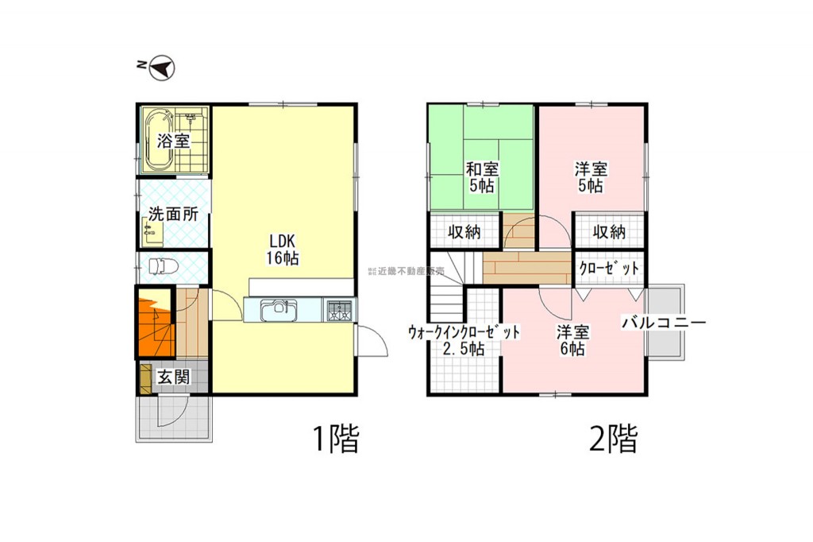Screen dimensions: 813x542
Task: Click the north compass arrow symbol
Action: [162, 68]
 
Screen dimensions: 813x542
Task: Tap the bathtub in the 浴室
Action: [158, 140]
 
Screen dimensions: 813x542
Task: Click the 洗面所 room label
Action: [173, 214]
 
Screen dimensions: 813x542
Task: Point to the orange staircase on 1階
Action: [155, 322]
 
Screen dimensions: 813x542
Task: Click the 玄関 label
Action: [174, 377]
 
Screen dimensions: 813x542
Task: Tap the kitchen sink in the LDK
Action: [279, 310]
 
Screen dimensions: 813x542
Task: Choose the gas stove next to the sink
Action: [339, 310]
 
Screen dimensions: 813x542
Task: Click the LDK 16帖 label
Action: [283, 250]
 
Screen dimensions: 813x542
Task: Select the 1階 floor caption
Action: [336, 439]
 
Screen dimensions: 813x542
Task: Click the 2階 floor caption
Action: [613, 439]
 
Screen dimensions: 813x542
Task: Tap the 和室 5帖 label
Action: [482, 177]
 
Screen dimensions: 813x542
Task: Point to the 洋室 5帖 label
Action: [591, 177]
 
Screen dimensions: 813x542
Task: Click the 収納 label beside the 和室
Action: [464, 231]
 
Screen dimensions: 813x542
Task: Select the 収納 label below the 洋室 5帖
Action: [609, 231]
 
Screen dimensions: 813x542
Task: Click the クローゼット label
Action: [609, 268]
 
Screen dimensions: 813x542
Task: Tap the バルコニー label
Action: [664, 323]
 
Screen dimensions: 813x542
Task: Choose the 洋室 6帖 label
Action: [573, 340]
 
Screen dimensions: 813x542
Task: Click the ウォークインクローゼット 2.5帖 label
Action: [464, 340]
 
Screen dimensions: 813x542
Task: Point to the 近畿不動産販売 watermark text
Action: [406, 271]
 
